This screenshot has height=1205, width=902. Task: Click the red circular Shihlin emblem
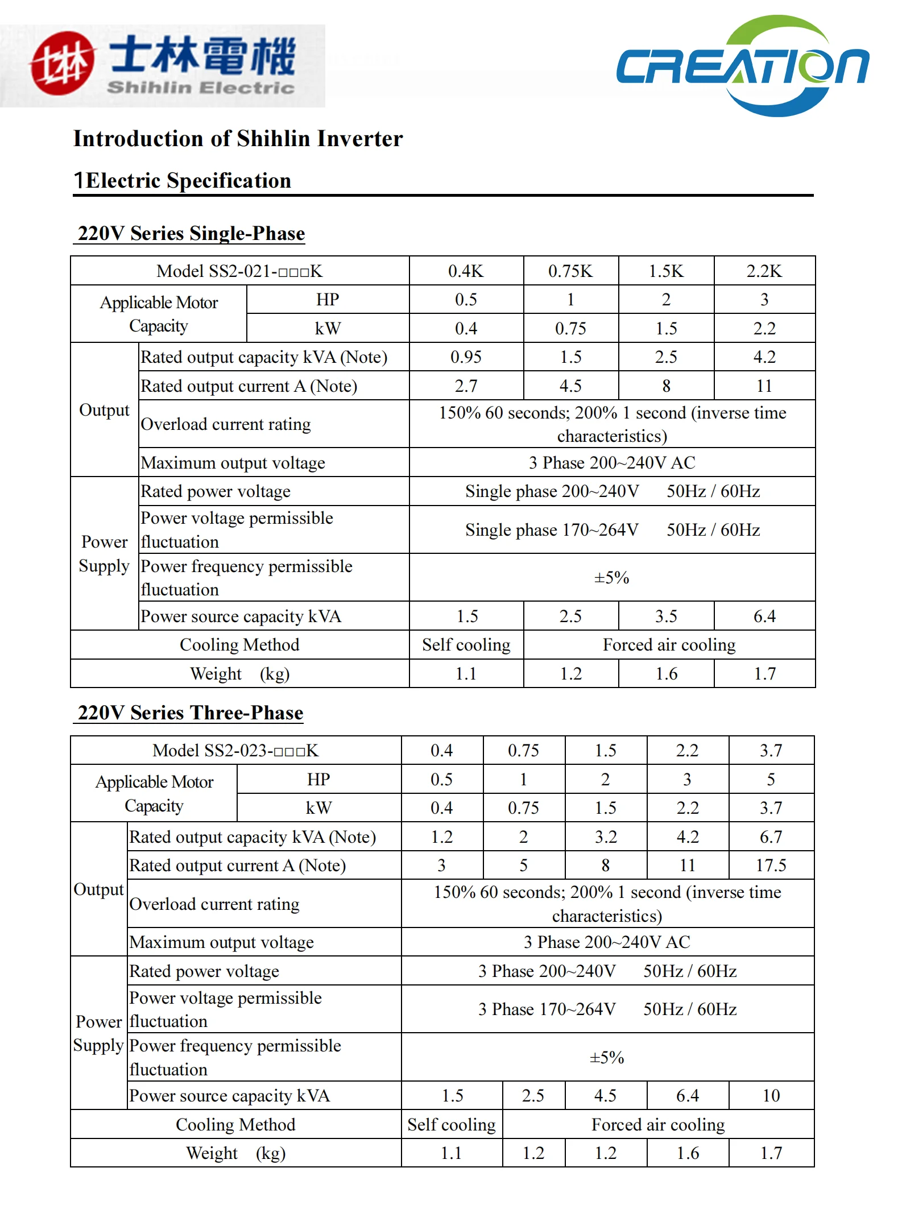[x=61, y=64]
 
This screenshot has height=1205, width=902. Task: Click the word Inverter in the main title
[x=359, y=139]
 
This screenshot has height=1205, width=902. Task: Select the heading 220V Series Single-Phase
[x=191, y=234]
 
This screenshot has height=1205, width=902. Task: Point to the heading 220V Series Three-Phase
[x=191, y=713]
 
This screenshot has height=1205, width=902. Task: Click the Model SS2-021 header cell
[x=239, y=271]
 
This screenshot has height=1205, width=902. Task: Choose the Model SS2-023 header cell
[x=235, y=751]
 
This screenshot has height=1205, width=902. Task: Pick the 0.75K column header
[x=570, y=271]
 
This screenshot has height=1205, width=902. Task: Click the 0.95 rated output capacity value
[x=466, y=357]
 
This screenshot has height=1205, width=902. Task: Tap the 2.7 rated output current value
[x=466, y=386]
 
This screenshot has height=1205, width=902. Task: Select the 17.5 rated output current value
[x=771, y=866]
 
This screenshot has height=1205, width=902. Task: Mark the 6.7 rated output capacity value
[x=771, y=837]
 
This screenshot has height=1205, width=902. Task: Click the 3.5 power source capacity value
[x=666, y=616]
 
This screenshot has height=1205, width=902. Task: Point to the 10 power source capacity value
[x=771, y=1096]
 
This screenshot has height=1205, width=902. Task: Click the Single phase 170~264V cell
[x=612, y=530]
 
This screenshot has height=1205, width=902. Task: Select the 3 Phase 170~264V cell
[x=607, y=1009]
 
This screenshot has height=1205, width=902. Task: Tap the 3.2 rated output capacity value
[x=606, y=837]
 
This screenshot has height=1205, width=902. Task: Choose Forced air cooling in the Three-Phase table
[x=658, y=1125]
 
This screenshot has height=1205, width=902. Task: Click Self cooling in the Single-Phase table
[x=466, y=645]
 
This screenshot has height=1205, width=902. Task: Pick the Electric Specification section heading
[x=188, y=181]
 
